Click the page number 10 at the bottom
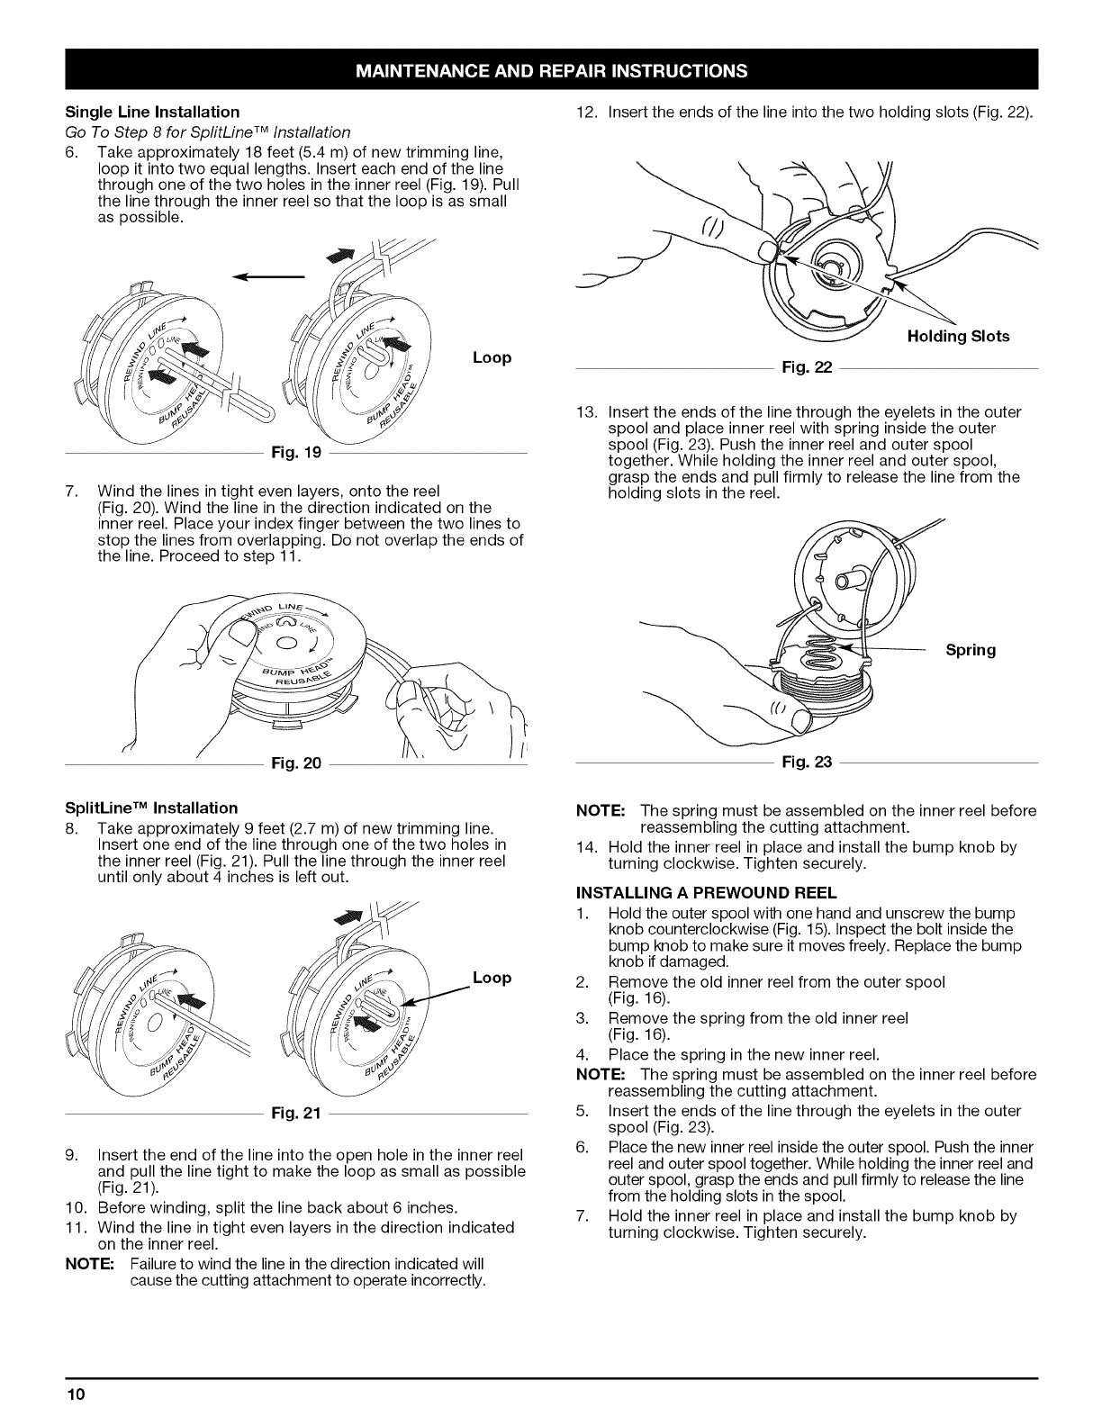pyautogui.click(x=75, y=1395)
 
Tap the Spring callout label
pyautogui.click(x=971, y=649)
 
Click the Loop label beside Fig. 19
pyautogui.click(x=492, y=357)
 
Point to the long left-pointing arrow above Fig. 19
pyautogui.click(x=267, y=277)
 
